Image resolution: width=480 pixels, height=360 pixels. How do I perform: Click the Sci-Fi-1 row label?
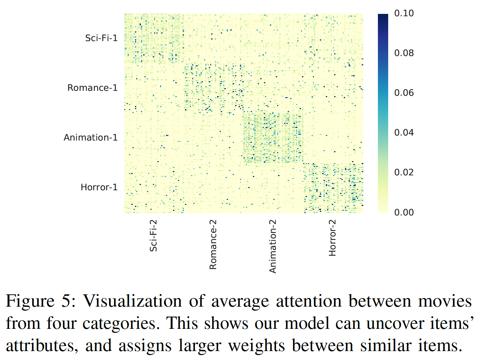101,38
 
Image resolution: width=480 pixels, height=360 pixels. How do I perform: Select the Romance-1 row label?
92,88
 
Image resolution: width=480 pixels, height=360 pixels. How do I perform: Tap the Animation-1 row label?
90,138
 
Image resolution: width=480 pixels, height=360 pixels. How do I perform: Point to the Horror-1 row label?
99,187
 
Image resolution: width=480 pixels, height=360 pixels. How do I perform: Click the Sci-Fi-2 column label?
153,235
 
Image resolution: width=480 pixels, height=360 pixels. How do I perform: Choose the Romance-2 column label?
213,244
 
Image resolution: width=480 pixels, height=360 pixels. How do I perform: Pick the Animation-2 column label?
272,246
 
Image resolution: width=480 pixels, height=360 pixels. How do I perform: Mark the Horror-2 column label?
332,237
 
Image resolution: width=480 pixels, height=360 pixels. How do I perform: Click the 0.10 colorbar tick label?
404,13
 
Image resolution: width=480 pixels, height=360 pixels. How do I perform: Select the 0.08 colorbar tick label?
404,53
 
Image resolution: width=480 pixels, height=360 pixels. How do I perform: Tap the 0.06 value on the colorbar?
404,93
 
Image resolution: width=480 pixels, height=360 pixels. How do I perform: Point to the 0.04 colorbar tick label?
404,133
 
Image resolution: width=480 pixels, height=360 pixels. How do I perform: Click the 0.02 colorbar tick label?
404,172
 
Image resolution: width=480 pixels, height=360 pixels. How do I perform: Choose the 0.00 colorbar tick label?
404,212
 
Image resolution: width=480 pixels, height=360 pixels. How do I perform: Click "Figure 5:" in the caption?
41,301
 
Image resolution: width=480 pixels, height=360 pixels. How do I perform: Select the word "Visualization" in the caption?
132,301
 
